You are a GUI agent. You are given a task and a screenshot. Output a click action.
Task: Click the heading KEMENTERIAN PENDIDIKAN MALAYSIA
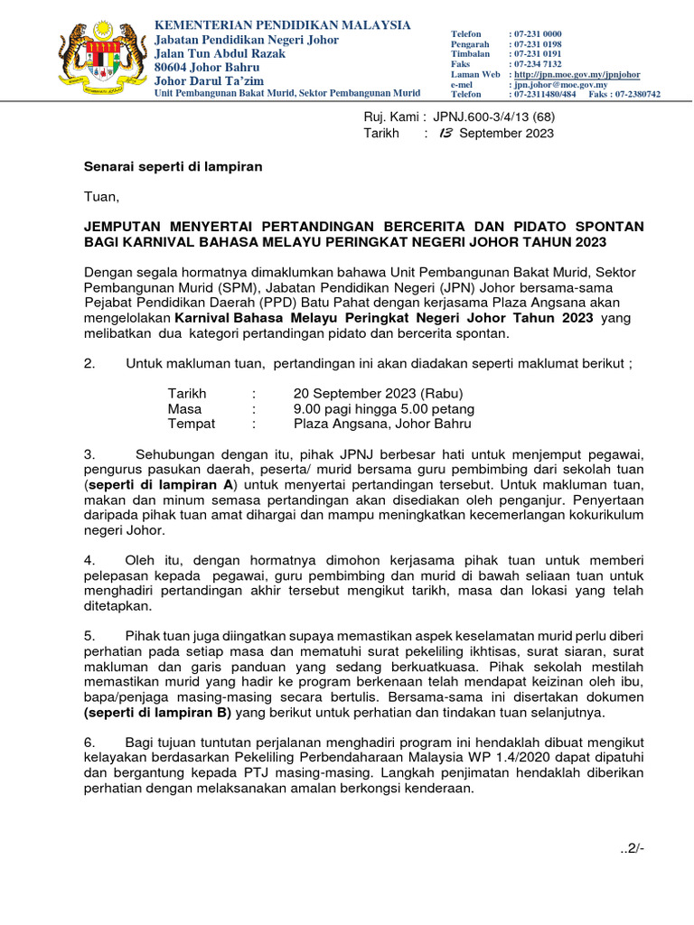(x=283, y=24)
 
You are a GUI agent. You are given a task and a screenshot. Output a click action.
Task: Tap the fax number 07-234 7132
(x=535, y=64)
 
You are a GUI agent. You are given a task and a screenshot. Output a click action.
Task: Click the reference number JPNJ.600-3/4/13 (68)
(x=494, y=116)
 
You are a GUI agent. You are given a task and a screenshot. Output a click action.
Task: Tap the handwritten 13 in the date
(x=444, y=133)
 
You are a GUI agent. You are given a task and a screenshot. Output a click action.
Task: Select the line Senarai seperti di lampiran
(x=173, y=166)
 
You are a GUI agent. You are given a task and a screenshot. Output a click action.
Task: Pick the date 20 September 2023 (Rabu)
(x=378, y=394)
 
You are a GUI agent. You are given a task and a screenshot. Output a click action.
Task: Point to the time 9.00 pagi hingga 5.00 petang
(x=384, y=408)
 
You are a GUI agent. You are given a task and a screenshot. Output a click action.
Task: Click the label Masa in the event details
(x=184, y=408)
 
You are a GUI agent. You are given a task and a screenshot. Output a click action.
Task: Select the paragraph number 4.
(x=89, y=559)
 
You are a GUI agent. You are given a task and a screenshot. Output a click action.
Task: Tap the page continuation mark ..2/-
(x=631, y=848)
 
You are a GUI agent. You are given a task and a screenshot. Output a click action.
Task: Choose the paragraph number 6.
(x=89, y=742)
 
